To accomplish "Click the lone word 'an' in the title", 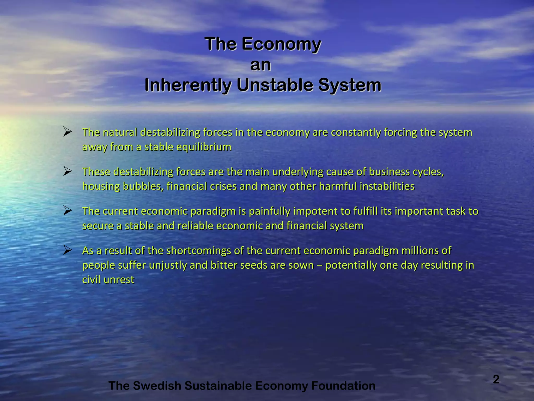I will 260,65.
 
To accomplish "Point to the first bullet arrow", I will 67,132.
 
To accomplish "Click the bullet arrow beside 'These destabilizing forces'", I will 67,171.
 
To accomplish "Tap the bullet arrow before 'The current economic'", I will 67,211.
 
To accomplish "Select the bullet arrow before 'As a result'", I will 67,250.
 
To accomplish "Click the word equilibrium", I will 204,147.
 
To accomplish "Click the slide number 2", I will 496,379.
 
